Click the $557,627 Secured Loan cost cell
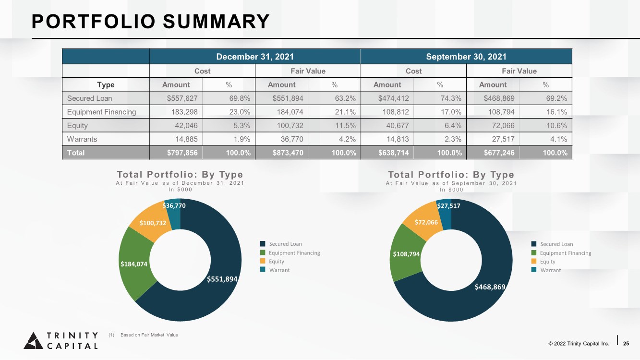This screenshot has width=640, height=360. coord(182,98)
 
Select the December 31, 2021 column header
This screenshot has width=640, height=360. coord(255,57)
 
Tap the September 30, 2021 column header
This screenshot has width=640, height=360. coord(466,57)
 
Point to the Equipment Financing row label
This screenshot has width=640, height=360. coord(101,112)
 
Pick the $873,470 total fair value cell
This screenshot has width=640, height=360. coord(288,153)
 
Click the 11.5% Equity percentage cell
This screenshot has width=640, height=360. coord(345,125)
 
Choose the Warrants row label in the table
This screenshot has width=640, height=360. coord(82,139)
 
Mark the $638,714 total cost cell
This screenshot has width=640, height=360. coord(393,153)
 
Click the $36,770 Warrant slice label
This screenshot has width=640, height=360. coord(174,205)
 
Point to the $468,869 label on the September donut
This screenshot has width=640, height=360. coord(490,287)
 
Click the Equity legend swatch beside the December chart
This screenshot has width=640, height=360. coord(263,261)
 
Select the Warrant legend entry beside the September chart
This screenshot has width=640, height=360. coord(546,270)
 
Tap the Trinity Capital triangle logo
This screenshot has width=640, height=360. coord(33,341)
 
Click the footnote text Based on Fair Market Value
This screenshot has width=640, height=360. coord(149,335)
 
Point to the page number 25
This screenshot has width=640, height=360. coord(626,343)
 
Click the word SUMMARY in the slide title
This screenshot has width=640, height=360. coord(216,22)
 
